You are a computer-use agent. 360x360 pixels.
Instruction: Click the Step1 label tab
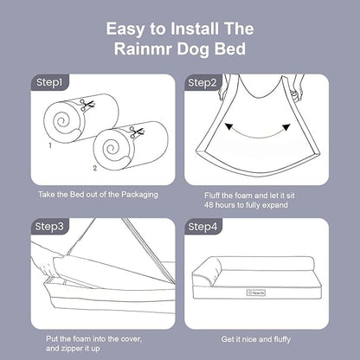tap(49, 83)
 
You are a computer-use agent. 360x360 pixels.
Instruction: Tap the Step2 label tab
tap(202, 83)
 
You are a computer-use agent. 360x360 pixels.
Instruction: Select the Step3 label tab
tap(49, 227)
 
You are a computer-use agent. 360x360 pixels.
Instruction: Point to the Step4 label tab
tap(202, 227)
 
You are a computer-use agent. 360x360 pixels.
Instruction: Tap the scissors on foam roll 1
tap(87, 105)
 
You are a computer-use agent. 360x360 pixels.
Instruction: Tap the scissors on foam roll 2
tap(136, 132)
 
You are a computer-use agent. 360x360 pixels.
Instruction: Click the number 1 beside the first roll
tap(50, 145)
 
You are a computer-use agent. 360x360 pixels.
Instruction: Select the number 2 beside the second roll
tap(95, 168)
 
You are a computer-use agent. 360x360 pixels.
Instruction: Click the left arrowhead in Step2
tap(228, 126)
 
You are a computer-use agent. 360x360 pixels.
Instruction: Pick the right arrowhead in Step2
tap(286, 127)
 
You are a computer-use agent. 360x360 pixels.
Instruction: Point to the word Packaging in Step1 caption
tap(139, 195)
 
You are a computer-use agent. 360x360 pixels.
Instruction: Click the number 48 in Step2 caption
tap(209, 205)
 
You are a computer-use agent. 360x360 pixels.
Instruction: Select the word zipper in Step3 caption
tap(72, 349)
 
